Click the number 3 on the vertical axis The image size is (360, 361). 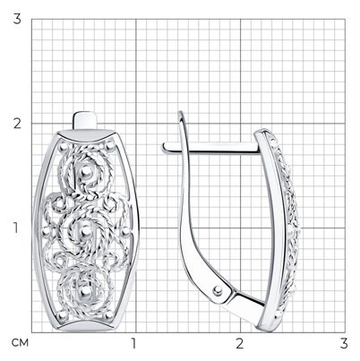17,19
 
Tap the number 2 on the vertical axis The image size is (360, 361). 17,124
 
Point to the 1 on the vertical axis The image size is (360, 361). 15,228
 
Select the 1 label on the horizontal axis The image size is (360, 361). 133,344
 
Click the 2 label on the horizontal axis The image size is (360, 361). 239,344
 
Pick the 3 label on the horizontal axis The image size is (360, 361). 344,344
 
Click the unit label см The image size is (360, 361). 20,343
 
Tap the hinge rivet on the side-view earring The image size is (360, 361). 218,289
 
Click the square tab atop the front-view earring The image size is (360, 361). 85,121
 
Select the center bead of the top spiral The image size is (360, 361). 86,171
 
